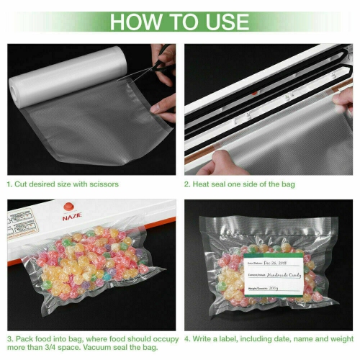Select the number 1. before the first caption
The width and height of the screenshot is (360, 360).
pos(10,184)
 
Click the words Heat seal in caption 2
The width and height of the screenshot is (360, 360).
pos(210,184)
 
